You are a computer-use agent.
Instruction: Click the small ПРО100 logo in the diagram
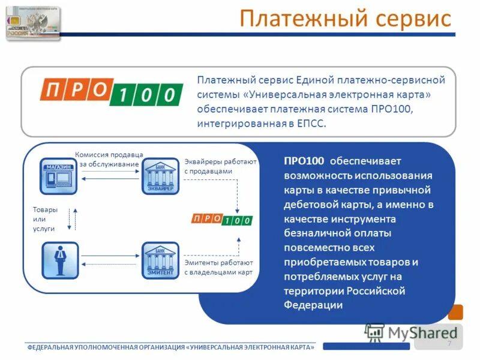tap(221, 219)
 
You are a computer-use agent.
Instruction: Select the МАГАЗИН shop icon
tap(59, 176)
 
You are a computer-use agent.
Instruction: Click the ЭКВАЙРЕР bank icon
tap(160, 176)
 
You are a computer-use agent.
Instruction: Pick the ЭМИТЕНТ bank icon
tap(160, 260)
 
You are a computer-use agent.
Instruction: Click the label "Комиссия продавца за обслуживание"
tap(109, 159)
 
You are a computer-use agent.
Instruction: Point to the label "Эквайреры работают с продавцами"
tap(220, 166)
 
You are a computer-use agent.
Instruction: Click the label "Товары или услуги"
tap(45, 220)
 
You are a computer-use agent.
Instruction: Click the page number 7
tap(449, 342)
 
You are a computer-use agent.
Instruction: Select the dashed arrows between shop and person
tap(72, 220)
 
